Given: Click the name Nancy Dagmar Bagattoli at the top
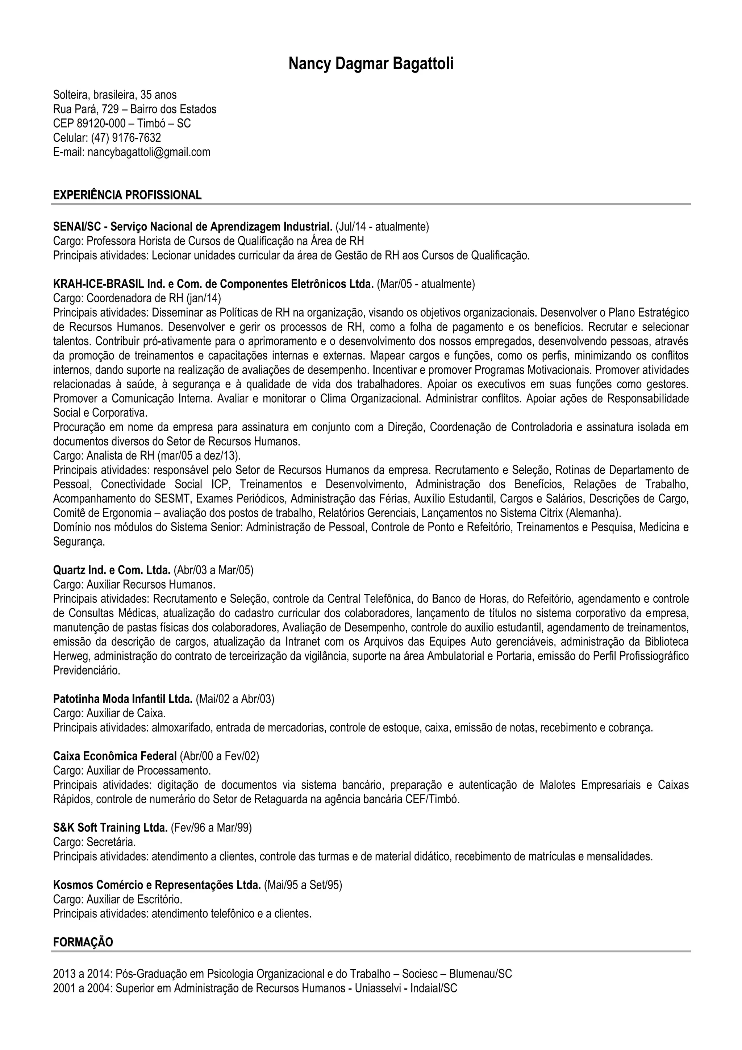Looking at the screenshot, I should point(371,64).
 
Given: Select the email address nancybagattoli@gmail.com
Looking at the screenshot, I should point(149,152).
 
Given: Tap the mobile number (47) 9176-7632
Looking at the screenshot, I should point(126,138).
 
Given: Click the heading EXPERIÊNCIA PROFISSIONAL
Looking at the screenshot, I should point(127,195).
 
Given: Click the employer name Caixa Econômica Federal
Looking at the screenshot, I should point(115,756).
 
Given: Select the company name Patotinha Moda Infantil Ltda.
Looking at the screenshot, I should point(122,699).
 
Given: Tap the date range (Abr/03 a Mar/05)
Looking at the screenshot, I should point(213,570).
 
